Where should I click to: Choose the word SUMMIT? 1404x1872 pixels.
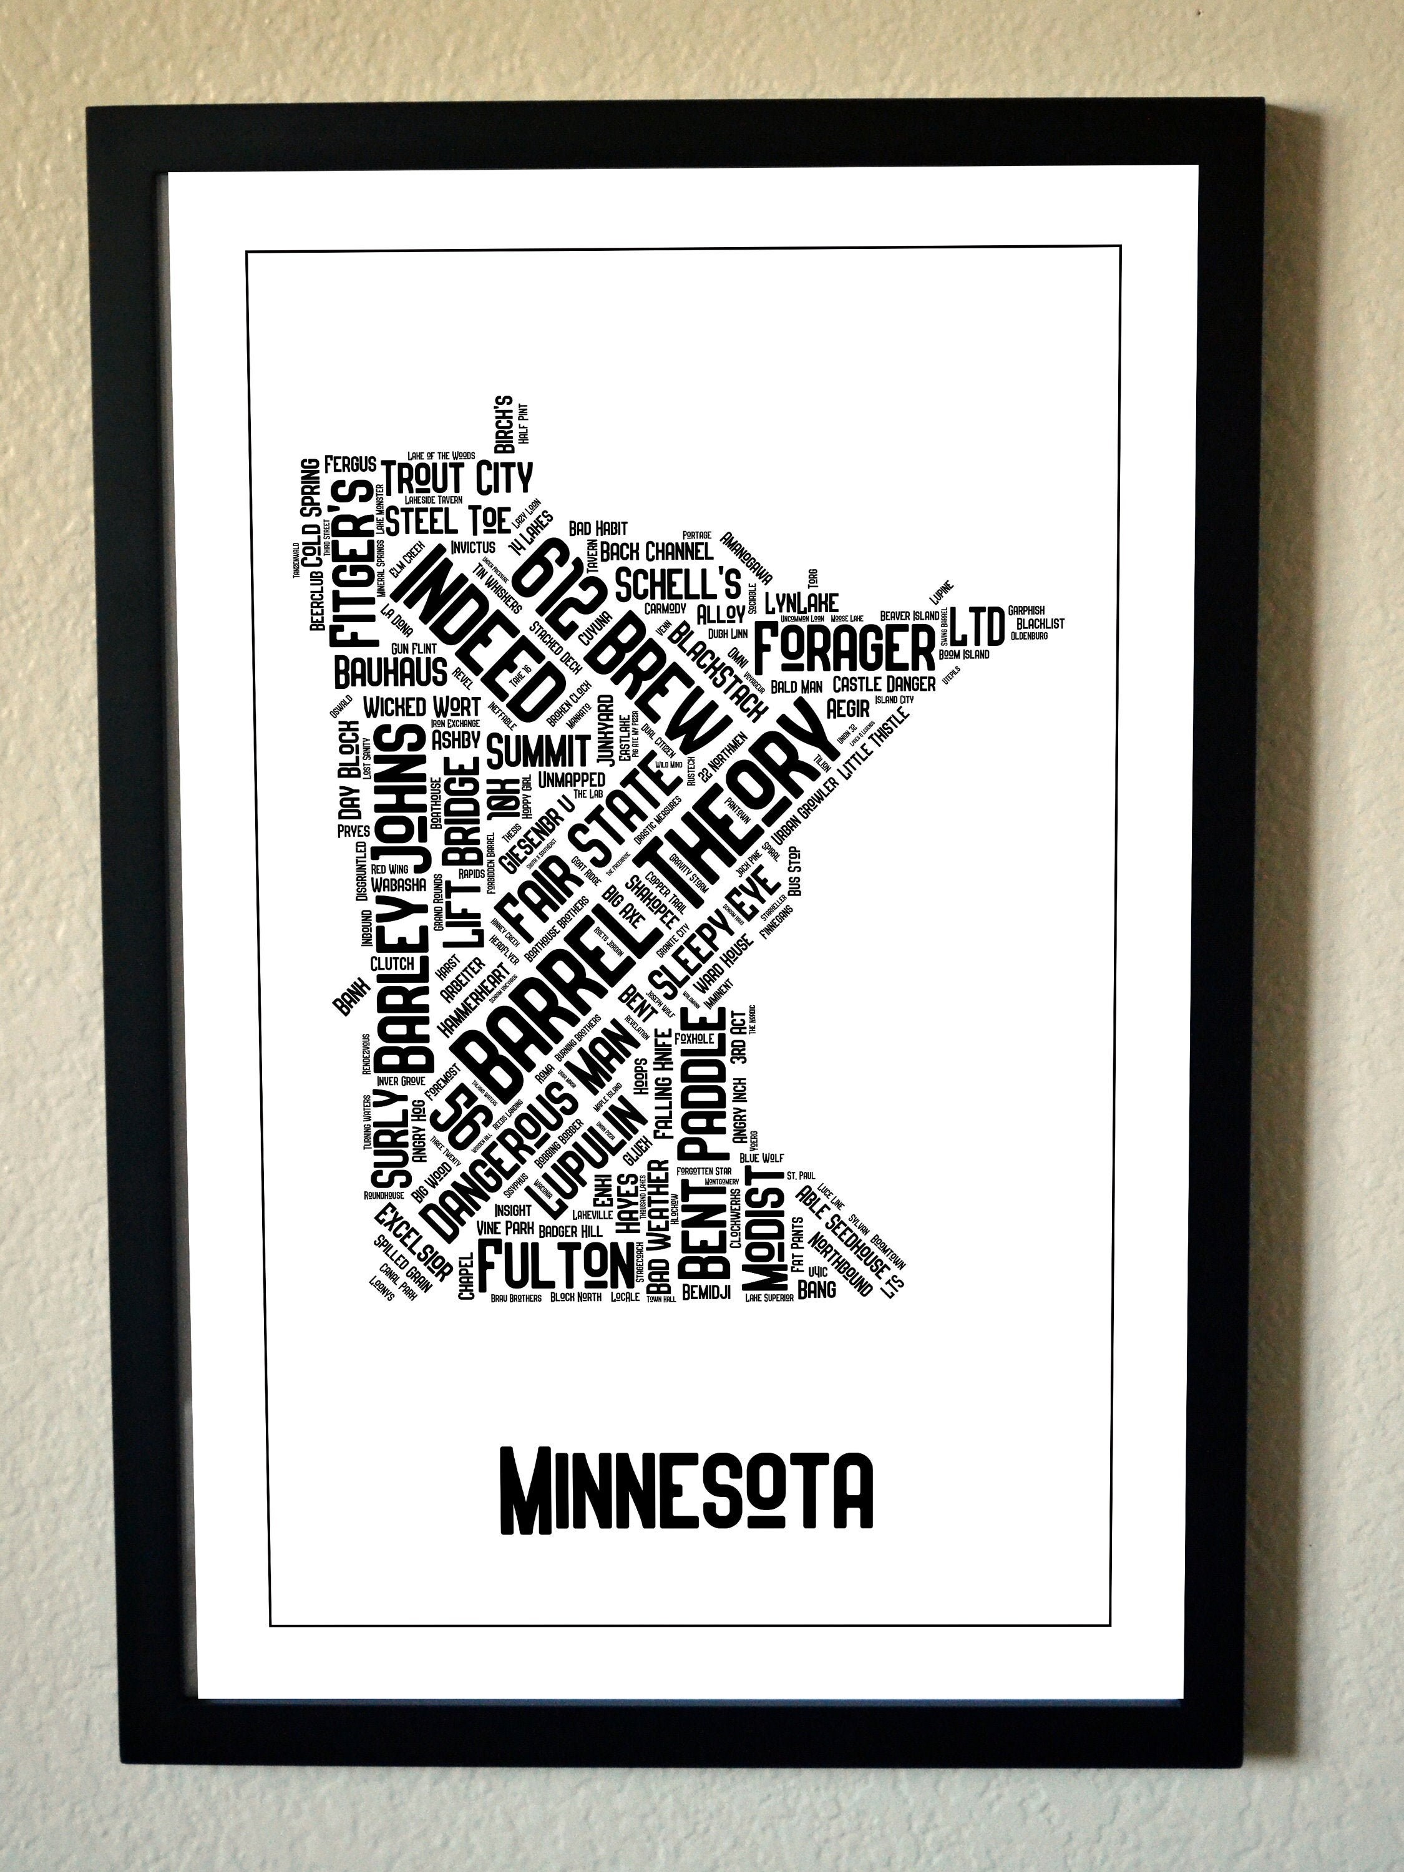pos(539,750)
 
